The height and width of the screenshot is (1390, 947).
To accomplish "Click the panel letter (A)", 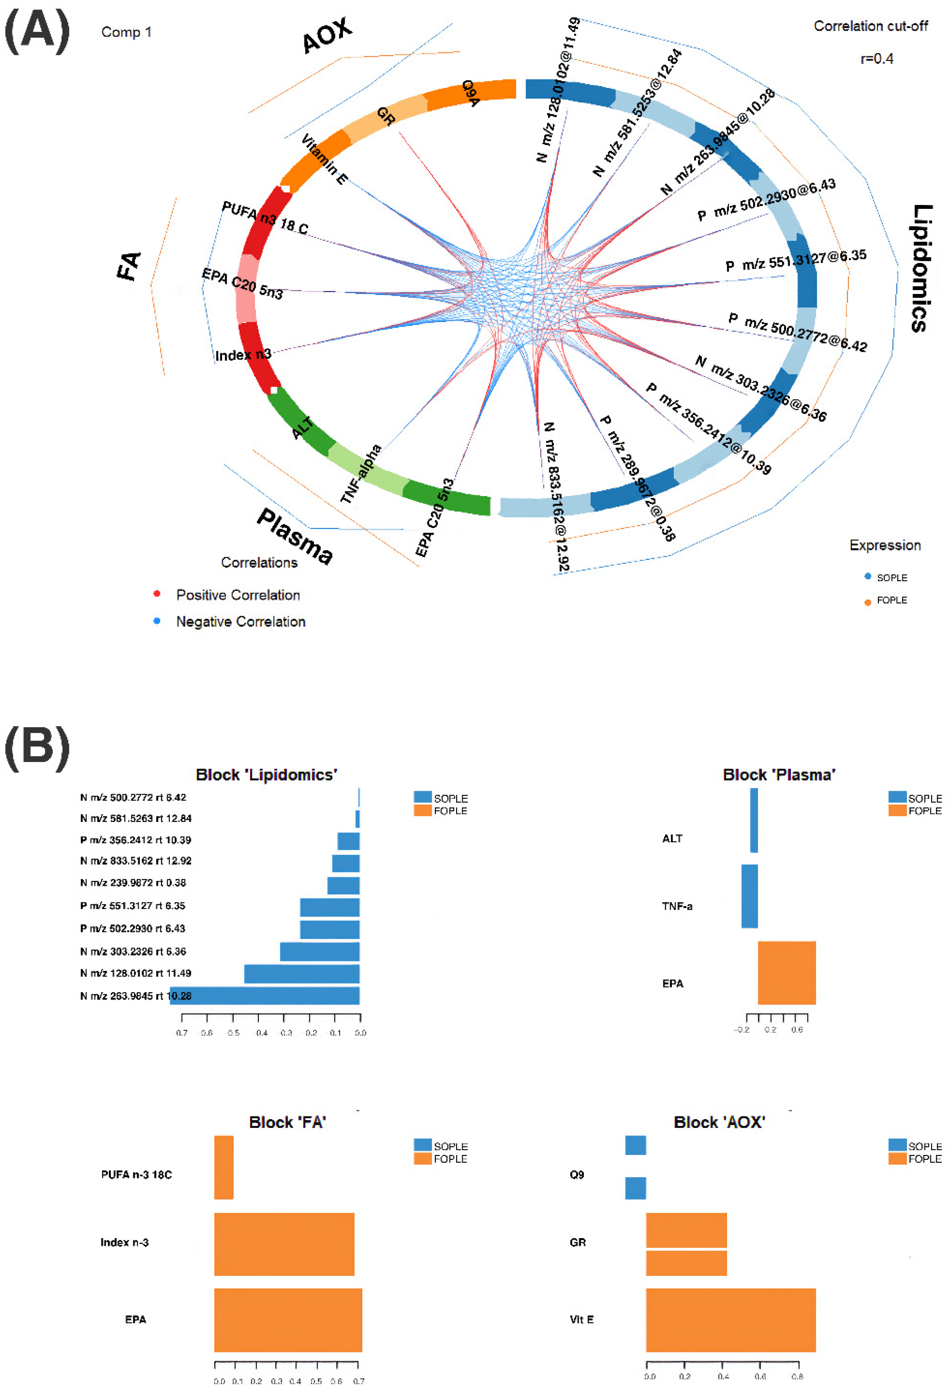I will click(x=37, y=33).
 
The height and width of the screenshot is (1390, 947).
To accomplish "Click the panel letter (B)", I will click(x=37, y=749).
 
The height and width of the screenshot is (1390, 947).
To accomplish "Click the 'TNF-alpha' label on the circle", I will click(x=361, y=474).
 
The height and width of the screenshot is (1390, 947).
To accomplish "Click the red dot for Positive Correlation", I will click(x=157, y=594).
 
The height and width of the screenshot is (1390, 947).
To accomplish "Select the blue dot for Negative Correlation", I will click(x=157, y=621).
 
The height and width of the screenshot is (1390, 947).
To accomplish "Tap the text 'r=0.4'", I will click(x=876, y=59).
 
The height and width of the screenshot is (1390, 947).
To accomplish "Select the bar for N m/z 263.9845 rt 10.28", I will click(x=265, y=995).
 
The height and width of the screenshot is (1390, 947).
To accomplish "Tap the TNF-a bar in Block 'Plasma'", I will click(x=749, y=896).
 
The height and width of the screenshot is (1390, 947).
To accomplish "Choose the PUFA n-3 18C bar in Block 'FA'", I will click(x=224, y=1168).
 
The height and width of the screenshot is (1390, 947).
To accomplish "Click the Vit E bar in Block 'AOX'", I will click(x=730, y=1320).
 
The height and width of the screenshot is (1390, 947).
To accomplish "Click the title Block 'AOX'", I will click(x=719, y=1122).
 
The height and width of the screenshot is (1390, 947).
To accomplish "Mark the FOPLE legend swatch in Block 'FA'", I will click(x=422, y=1158).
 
